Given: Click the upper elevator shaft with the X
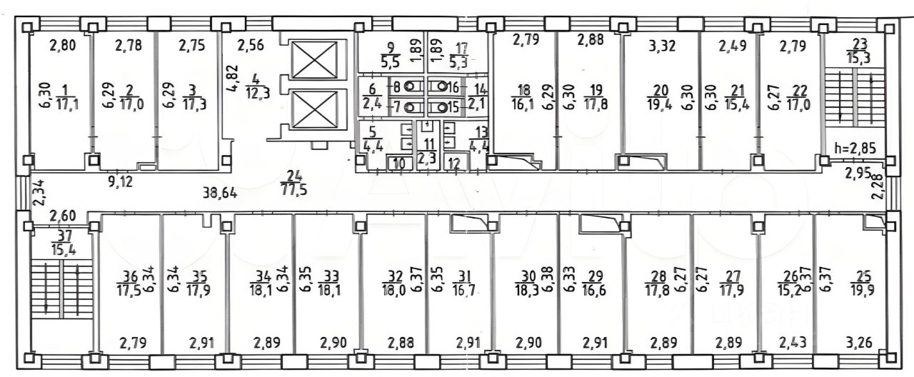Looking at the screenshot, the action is tap(314, 60).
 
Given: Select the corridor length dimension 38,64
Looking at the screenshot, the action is tap(220, 192).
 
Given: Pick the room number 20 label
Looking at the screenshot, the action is tap(661, 90).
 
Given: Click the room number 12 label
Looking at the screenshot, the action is tap(454, 164).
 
